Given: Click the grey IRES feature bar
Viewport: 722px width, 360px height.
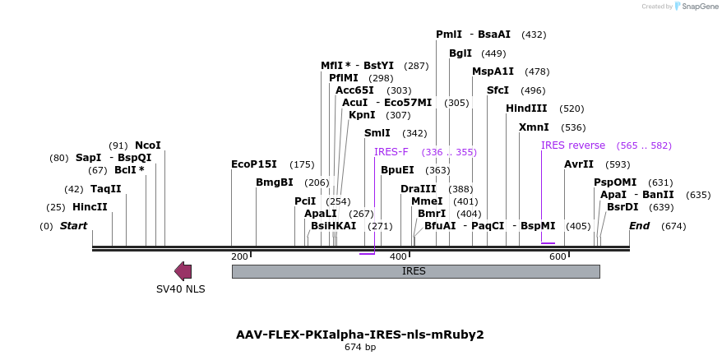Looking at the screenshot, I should coord(415,271).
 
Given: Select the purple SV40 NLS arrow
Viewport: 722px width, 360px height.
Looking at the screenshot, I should coord(183,271).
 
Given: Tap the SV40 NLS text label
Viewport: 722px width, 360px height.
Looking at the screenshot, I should coord(181,289).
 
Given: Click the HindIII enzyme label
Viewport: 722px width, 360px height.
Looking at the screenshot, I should coord(526,108).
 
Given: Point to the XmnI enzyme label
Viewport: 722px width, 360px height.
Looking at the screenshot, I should coord(534,127).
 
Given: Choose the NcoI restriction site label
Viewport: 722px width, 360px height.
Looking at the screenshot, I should coord(148,145).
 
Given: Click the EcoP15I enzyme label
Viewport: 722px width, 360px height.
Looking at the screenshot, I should coord(254,164).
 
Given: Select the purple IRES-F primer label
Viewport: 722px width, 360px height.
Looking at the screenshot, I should coord(391,152).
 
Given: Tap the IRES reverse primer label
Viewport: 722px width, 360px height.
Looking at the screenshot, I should coord(573,145).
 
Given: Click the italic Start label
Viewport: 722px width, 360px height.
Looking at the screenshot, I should coord(73,226).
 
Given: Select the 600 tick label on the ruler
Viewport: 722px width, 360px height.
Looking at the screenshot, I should coord(558,257).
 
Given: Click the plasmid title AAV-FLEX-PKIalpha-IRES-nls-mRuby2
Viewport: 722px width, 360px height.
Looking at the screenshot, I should coord(360,335).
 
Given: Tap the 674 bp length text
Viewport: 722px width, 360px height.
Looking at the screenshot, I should coord(360,348).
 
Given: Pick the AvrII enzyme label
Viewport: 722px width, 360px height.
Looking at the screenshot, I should coord(579,164).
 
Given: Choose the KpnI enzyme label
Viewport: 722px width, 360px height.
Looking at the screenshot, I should coord(362,115).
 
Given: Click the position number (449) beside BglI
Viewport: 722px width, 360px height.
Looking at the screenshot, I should coord(493,53).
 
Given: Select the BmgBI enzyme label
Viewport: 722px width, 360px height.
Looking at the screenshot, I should coord(274,182).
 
